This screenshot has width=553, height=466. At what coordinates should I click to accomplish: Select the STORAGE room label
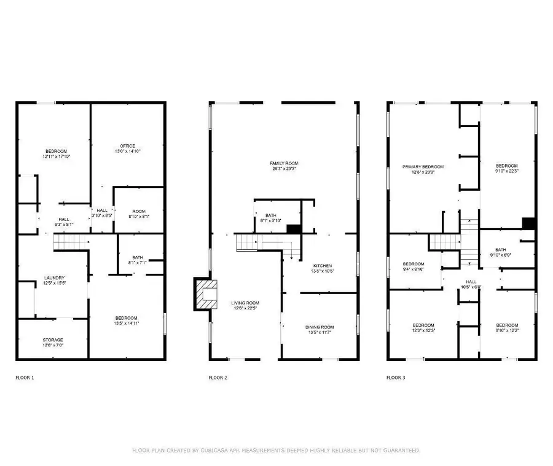pos(53,340)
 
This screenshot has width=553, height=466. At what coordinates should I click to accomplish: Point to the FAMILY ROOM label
pos(283,163)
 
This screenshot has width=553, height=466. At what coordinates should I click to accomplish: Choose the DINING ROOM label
pos(320,327)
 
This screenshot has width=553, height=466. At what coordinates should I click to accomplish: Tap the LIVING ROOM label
pos(245,303)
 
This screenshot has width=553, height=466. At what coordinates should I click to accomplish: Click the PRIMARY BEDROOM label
pos(423,166)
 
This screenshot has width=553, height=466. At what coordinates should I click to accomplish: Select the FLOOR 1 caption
pos(25,378)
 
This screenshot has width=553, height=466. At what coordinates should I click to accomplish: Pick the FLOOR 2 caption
pos(218,378)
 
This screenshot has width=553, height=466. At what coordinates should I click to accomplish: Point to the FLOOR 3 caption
pos(396,378)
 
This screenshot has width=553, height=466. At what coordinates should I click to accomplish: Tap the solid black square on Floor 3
pos(529,223)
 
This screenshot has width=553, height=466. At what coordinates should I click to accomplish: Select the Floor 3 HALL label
pos(472,282)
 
